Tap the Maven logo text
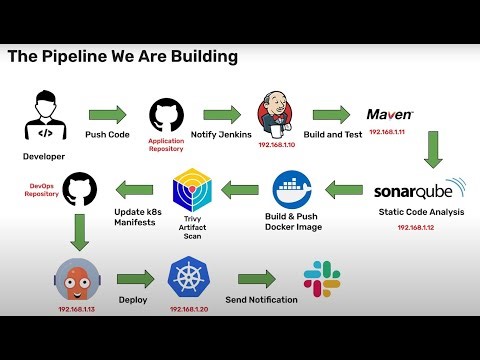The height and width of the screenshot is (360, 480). (x=390, y=114)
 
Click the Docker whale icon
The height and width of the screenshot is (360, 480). (x=295, y=188)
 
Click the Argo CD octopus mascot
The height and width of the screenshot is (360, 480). (x=76, y=279)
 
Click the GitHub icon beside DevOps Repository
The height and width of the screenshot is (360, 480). (x=79, y=189)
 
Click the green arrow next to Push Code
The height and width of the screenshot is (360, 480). (x=107, y=113)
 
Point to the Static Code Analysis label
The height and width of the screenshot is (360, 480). (x=420, y=211)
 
